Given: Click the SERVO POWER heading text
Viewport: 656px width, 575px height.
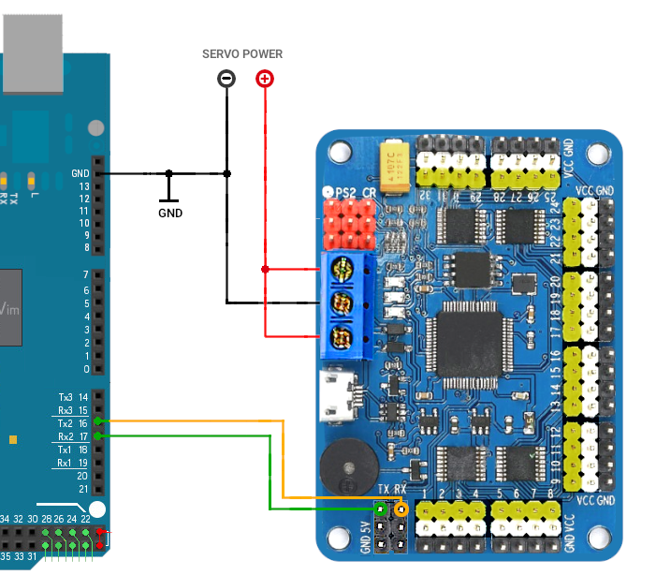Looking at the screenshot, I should click(x=242, y=54).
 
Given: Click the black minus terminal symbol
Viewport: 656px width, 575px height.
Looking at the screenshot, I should click(x=226, y=79).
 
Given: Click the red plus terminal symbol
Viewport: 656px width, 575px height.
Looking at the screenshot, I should click(x=265, y=79).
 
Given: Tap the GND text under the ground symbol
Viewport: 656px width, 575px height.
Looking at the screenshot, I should click(x=170, y=213).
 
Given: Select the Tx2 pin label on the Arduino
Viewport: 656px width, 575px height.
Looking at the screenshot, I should click(x=66, y=423).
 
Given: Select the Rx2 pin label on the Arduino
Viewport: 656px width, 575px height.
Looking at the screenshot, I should click(x=66, y=436).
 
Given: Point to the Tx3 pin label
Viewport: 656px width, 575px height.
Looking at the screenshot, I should click(x=66, y=397).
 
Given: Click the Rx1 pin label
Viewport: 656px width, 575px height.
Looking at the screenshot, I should click(x=65, y=463).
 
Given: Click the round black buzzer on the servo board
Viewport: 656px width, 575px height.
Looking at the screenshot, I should click(x=345, y=466).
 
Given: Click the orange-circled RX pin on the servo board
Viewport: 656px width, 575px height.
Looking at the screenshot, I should click(x=401, y=510).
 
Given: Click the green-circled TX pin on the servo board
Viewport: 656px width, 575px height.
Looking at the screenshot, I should click(x=381, y=510).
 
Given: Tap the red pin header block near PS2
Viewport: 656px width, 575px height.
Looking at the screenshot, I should click(x=348, y=222).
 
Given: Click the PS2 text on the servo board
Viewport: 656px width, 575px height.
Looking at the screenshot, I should click(x=345, y=192).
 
